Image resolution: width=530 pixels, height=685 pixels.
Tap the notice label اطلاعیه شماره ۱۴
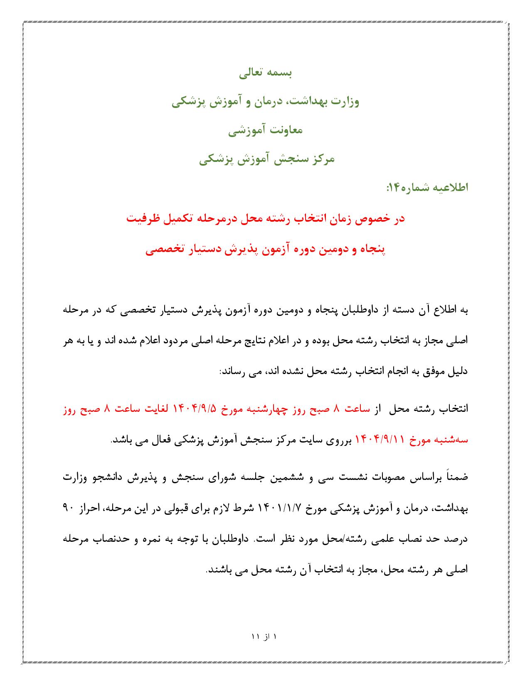pos(427,188)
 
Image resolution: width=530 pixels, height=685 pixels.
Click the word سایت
pos(319,440)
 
